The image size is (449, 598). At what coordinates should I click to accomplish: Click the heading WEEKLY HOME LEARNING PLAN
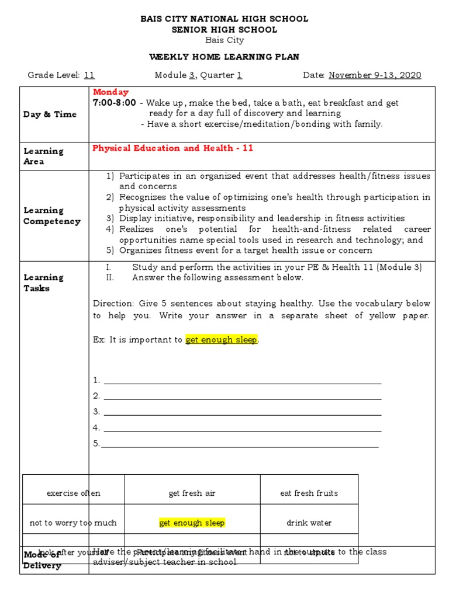click(224, 57)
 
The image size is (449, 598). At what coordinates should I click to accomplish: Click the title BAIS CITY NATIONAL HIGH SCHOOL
click(224, 19)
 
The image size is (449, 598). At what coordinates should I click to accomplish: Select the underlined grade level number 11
click(89, 75)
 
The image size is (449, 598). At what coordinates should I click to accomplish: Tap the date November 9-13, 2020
click(375, 75)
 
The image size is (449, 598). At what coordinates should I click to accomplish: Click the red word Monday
click(110, 92)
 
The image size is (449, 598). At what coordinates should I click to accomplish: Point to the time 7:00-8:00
click(115, 103)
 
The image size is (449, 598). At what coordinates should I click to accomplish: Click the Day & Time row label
click(50, 114)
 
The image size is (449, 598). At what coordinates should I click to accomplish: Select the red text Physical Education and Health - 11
click(172, 148)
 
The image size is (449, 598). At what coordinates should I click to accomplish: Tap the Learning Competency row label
click(52, 215)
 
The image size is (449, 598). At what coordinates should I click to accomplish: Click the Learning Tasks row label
click(43, 283)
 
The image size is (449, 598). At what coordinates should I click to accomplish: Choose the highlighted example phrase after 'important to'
click(222, 340)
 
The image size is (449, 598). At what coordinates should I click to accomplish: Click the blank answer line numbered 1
click(242, 381)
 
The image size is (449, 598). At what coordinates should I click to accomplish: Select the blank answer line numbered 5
click(240, 444)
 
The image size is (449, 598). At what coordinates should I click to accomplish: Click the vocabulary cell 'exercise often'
click(74, 493)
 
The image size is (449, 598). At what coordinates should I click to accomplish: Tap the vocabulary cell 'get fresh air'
click(192, 493)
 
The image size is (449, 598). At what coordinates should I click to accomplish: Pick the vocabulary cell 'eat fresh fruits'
click(309, 493)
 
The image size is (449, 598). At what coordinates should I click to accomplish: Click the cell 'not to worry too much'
click(74, 523)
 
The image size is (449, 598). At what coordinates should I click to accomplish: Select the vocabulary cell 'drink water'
click(309, 523)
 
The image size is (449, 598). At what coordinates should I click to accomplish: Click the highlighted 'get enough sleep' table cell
click(192, 523)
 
